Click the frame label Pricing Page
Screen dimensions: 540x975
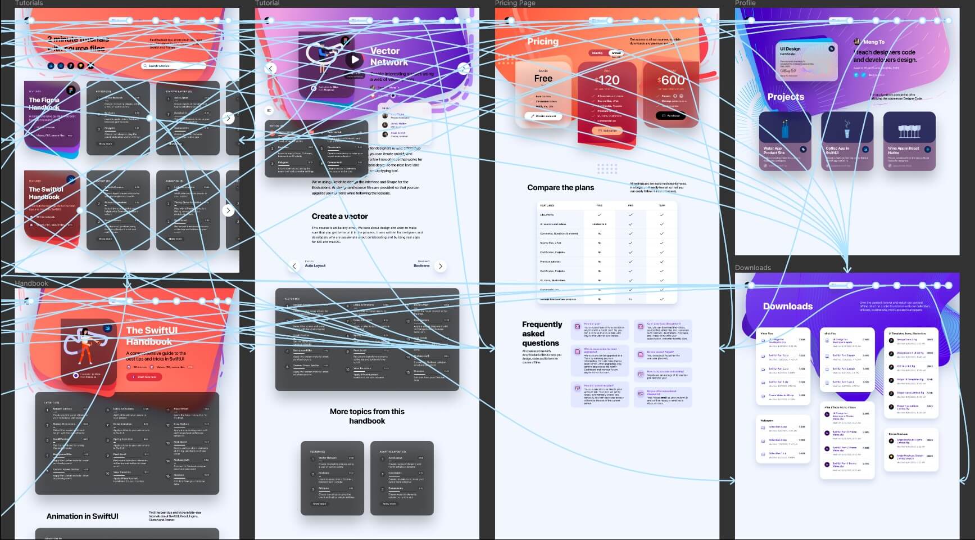515,3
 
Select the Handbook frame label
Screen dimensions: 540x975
31,283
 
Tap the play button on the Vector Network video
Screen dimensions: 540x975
353,59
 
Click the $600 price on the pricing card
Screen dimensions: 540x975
671,80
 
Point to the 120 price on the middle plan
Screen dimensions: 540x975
609,80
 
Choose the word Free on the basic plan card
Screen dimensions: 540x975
543,79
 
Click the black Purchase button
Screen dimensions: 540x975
670,116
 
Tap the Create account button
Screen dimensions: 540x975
543,116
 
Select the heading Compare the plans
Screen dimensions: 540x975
560,187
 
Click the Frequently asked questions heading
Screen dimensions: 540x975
541,334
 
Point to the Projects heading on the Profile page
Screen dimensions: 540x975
785,97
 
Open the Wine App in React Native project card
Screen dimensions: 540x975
909,141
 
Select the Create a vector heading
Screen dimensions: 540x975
339,216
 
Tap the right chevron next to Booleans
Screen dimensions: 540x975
441,266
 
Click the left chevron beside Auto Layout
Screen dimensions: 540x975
294,266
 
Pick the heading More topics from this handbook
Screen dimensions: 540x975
367,416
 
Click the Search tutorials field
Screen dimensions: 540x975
174,66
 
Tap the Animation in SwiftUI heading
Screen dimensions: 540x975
82,516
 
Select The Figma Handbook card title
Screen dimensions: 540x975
44,103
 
